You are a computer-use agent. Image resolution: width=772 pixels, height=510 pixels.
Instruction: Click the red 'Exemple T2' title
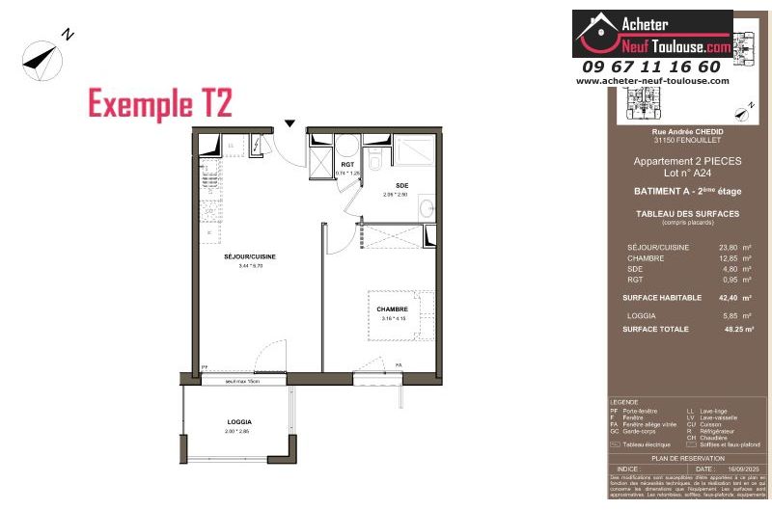[160, 102]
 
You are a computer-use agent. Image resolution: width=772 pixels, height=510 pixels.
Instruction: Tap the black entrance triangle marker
[289, 122]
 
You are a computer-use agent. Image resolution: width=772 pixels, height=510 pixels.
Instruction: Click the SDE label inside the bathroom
[402, 185]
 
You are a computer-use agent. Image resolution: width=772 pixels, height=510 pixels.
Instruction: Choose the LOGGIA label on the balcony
[239, 422]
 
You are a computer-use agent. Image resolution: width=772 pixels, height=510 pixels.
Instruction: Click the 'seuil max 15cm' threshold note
[244, 382]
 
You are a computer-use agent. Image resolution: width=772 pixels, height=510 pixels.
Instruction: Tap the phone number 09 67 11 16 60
[651, 67]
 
